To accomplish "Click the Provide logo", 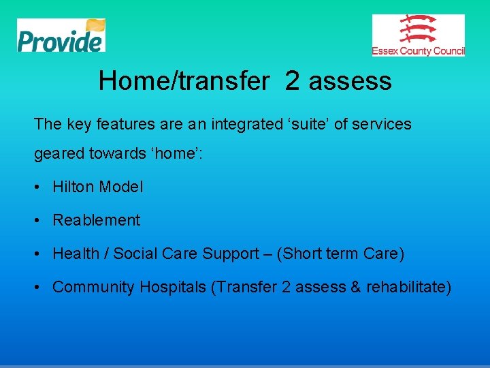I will coord(61,35).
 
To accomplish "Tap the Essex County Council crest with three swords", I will coord(418,30).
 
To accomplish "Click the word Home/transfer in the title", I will coord(184,81).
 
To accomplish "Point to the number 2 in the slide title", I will coord(292,81).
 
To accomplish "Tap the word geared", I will coord(56,154).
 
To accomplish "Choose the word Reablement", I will coord(96,220).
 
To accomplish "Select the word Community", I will coord(94,287).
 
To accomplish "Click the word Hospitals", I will coord(173,287).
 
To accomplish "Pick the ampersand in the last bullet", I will coord(355,287).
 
